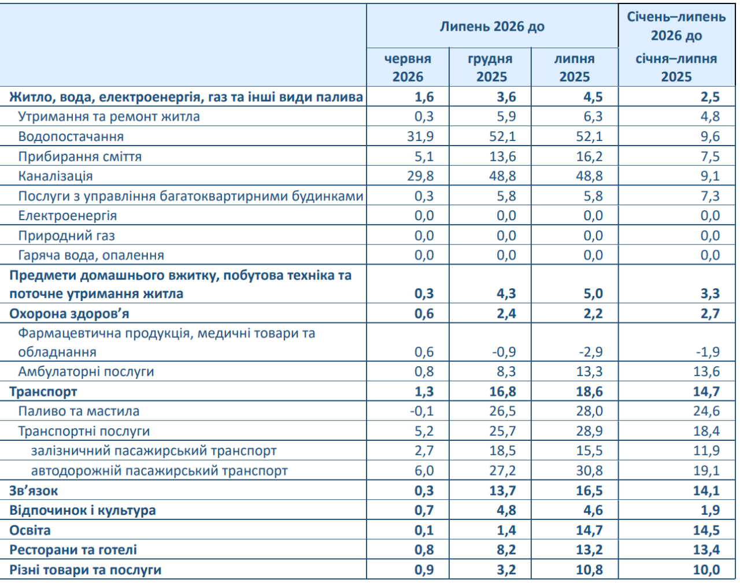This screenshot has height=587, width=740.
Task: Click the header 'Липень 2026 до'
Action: pyautogui.click(x=492, y=27)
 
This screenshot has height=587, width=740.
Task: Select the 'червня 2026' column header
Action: pyautogui.click(x=408, y=68)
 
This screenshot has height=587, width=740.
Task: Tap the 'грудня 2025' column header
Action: pyautogui.click(x=490, y=68)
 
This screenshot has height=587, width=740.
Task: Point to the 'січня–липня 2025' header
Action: pyautogui.click(x=676, y=68)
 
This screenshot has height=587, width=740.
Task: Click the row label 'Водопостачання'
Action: pyautogui.click(x=71, y=136)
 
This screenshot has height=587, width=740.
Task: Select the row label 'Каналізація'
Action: pyautogui.click(x=55, y=176)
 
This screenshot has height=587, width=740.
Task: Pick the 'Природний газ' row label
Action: pyautogui.click(x=66, y=235)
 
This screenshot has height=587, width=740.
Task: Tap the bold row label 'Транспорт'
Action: pyautogui.click(x=43, y=392)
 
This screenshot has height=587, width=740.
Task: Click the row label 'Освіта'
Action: pyautogui.click(x=30, y=530)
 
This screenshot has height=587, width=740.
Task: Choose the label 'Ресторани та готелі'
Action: pyautogui.click(x=73, y=549)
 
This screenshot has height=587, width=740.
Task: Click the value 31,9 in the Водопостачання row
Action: pyautogui.click(x=420, y=136)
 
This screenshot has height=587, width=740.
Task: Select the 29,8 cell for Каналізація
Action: pyautogui.click(x=420, y=176)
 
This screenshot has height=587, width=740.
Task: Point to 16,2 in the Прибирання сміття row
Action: pyautogui.click(x=589, y=157)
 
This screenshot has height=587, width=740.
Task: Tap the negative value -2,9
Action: pyautogui.click(x=591, y=352)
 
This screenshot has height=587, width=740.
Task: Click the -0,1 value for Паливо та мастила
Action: pyautogui.click(x=421, y=411)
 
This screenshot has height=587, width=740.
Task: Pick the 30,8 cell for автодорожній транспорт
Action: pyautogui.click(x=589, y=470)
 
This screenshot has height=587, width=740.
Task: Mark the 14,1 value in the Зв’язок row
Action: pyautogui.click(x=706, y=491)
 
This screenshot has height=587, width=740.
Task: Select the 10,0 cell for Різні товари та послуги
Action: pyautogui.click(x=706, y=570)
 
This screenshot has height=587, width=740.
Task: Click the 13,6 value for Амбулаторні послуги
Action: pyautogui.click(x=706, y=371)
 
